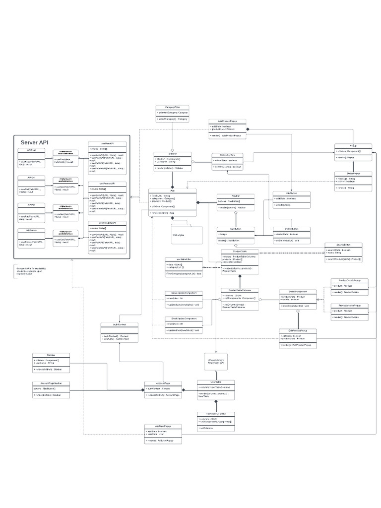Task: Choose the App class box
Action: click(172, 202)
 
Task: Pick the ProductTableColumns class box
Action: click(240, 299)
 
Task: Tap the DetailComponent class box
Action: click(297, 299)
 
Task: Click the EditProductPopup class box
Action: click(297, 338)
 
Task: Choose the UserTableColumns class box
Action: click(215, 421)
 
